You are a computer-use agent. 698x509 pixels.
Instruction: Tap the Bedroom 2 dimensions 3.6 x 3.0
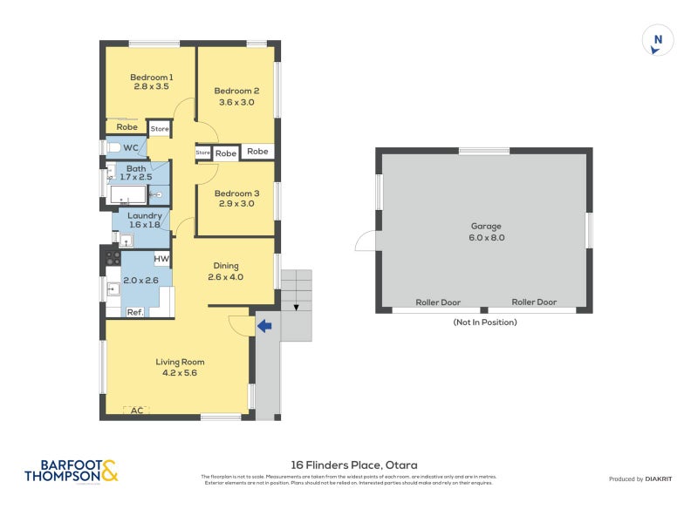pyautogui.click(x=236, y=102)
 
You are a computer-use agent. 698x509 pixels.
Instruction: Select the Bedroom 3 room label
pyautogui.click(x=236, y=193)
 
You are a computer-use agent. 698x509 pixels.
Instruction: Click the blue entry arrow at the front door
pyautogui.click(x=264, y=326)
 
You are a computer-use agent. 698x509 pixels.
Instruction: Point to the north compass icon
pyautogui.click(x=659, y=40)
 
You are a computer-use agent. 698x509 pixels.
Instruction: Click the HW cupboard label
pyautogui.click(x=161, y=259)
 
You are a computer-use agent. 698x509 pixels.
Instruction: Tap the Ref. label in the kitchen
pyautogui.click(x=135, y=311)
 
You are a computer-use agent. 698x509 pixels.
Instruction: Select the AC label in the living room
pyautogui.click(x=136, y=409)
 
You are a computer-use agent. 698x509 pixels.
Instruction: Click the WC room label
pyautogui.click(x=131, y=147)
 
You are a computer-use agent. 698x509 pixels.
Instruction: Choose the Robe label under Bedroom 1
pyautogui.click(x=127, y=127)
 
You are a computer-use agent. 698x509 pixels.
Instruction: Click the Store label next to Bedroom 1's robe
pyautogui.click(x=160, y=129)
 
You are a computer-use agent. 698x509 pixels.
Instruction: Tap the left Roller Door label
pyautogui.click(x=438, y=302)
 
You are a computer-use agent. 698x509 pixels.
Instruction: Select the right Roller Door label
pyautogui.click(x=534, y=302)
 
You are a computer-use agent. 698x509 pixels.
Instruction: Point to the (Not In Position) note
pyautogui.click(x=485, y=322)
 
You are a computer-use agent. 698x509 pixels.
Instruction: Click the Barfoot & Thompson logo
pyautogui.click(x=72, y=472)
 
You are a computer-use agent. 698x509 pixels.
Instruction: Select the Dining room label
pyautogui.click(x=225, y=266)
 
